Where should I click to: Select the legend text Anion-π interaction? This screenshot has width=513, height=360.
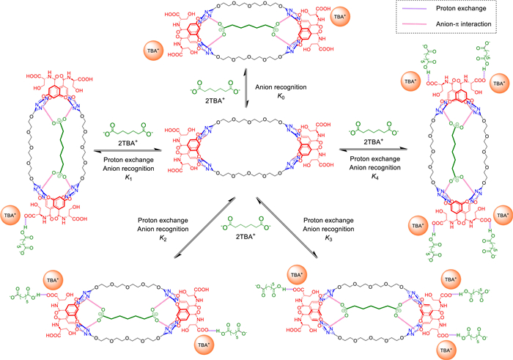[466, 24]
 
